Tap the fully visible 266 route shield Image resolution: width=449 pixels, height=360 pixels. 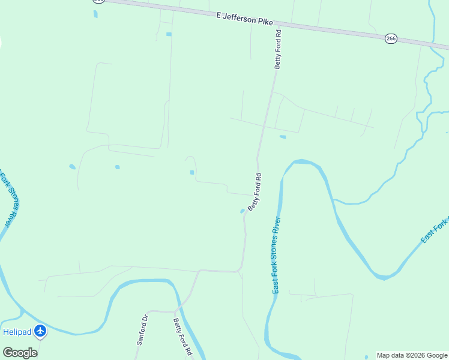coord(391,38)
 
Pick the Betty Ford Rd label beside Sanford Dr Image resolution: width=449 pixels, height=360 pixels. coord(182,336)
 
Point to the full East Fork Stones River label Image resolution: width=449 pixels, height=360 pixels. coord(277,256)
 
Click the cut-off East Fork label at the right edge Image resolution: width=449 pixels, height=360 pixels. coord(435,231)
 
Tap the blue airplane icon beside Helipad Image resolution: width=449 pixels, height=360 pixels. coord(40,331)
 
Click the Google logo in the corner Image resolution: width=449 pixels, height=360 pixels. coord(20,353)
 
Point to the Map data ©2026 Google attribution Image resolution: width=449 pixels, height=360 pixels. coord(412,355)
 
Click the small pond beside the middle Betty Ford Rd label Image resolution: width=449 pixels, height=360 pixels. coord(243,211)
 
